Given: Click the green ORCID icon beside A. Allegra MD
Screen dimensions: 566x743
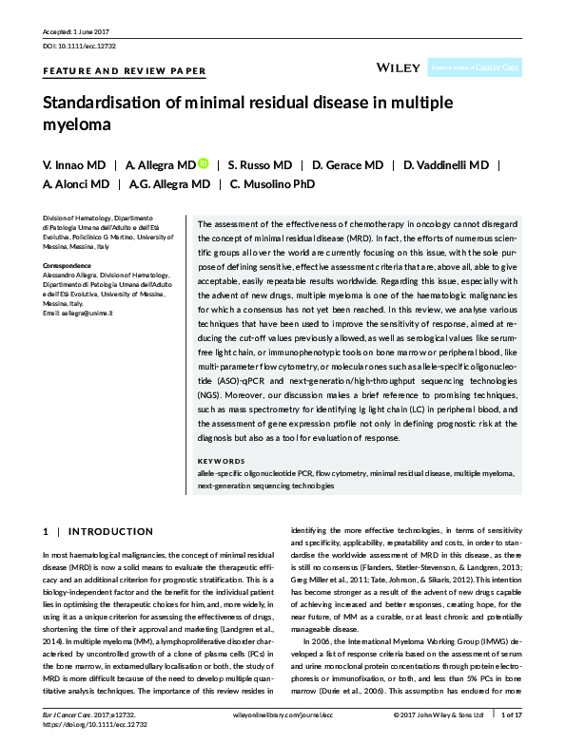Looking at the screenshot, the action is [204, 164].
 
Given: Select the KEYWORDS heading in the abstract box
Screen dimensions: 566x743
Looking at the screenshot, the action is [221, 461].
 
